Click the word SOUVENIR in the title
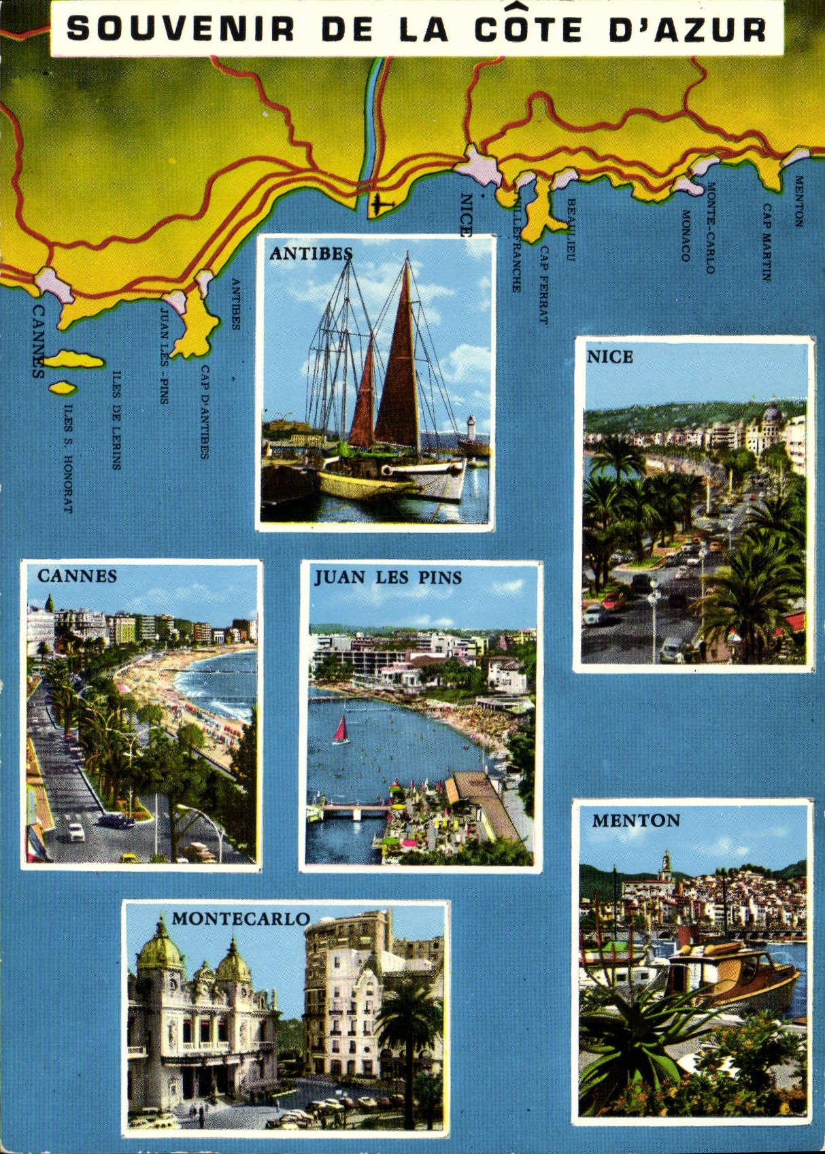click(x=180, y=30)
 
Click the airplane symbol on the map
click(x=382, y=203)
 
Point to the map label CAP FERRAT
click(x=543, y=284)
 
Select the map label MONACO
click(x=686, y=235)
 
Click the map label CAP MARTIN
click(x=766, y=242)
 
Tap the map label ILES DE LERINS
click(x=116, y=420)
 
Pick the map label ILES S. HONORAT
click(x=67, y=458)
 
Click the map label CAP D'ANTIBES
click(x=204, y=412)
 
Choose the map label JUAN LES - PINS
click(x=164, y=356)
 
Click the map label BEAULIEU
click(x=571, y=230)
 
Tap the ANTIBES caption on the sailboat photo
click(x=311, y=254)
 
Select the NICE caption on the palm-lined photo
click(x=610, y=357)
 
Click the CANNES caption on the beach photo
click(x=77, y=576)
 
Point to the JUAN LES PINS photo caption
click(x=388, y=578)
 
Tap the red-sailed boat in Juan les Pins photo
click(x=341, y=731)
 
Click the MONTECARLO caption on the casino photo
click(x=241, y=919)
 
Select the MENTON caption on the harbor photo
click(x=636, y=821)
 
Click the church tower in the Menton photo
click(x=667, y=865)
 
